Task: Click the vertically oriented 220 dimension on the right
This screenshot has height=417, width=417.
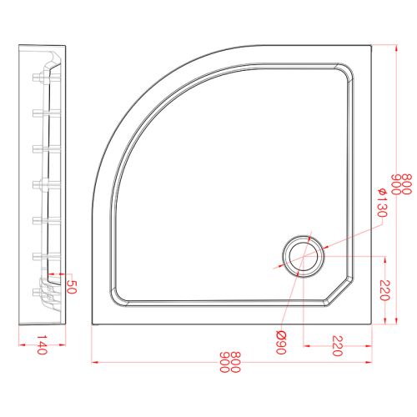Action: pyautogui.click(x=384, y=289)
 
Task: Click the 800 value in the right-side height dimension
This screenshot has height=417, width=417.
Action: pyautogui.click(x=406, y=184)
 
